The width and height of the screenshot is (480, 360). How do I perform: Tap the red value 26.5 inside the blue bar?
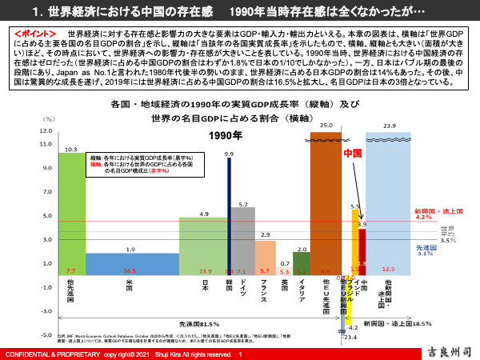(x=130, y=271)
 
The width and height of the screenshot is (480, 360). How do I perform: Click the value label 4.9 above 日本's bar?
(x=205, y=214)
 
